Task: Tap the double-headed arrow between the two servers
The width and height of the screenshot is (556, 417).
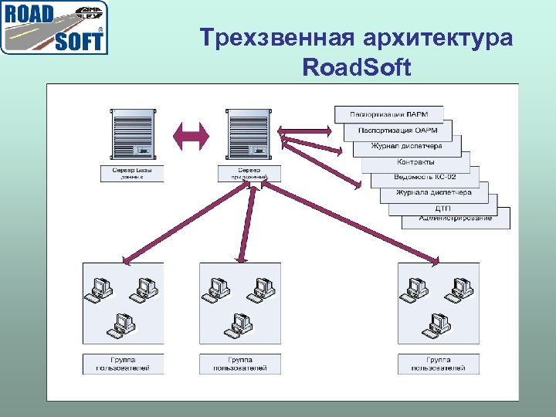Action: (190, 136)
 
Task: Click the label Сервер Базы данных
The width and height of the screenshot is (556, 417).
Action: (133, 173)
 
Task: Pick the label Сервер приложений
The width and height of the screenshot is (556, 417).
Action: (249, 173)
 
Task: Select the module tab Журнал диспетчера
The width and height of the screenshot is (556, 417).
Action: (407, 146)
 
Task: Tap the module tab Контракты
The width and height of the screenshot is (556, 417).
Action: (416, 162)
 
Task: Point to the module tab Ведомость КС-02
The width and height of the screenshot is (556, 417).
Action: (425, 177)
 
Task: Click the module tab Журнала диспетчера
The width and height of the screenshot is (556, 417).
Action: (433, 192)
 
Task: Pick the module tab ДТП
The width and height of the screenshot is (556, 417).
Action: (443, 208)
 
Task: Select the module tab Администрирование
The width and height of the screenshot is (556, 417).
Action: (456, 218)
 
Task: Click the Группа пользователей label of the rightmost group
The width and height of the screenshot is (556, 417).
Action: (439, 364)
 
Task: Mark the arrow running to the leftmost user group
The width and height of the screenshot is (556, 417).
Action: (186, 224)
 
